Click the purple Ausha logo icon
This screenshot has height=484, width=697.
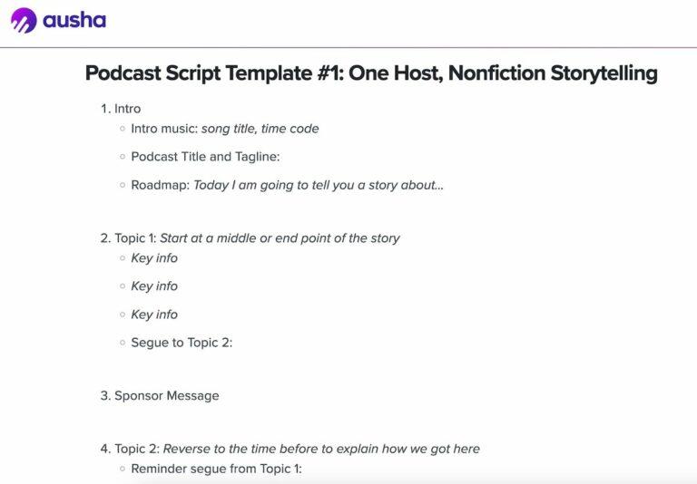(24, 21)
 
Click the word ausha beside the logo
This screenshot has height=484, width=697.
(75, 20)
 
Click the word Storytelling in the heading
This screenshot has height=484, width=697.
(604, 73)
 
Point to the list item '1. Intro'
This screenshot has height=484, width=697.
(121, 109)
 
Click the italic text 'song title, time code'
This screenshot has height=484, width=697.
(260, 129)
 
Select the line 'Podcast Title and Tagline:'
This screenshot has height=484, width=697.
(205, 157)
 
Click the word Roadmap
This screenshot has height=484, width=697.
(158, 185)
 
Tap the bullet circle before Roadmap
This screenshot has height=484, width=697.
(122, 185)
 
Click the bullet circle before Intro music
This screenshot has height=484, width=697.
(122, 129)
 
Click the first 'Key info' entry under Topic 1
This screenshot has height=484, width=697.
(154, 258)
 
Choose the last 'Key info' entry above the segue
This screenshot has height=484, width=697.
(154, 315)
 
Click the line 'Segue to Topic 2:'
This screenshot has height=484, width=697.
(182, 343)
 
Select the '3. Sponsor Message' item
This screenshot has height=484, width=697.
(160, 395)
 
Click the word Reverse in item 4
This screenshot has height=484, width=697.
(187, 449)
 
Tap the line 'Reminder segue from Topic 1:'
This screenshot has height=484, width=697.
(216, 469)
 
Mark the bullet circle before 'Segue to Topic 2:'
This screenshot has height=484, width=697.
(122, 343)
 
